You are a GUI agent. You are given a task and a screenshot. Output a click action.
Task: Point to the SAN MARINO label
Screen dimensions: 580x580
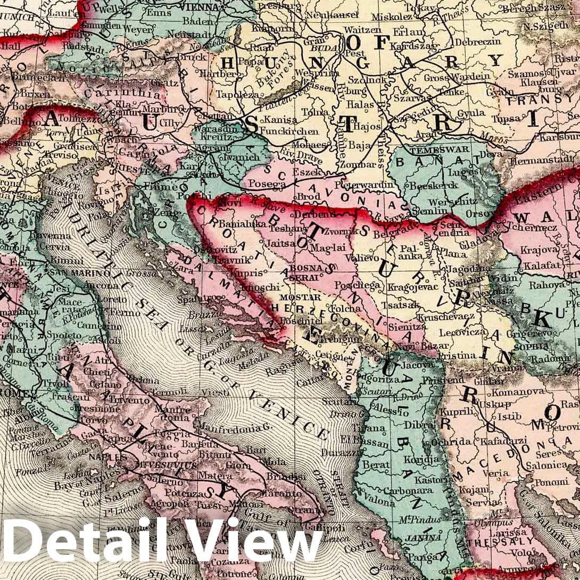click(x=88, y=273)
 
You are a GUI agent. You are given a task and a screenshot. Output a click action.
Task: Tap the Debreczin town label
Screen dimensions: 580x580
click(x=481, y=41)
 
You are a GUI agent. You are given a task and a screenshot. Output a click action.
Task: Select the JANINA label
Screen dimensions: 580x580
click(x=421, y=537)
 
